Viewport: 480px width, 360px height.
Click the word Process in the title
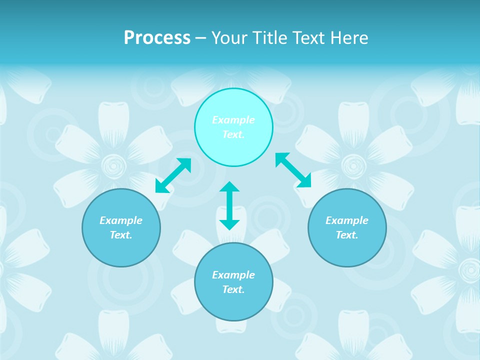(x=157, y=37)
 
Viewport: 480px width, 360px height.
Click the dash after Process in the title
(x=201, y=38)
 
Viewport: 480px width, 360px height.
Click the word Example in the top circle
(x=233, y=120)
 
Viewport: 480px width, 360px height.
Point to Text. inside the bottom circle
(x=233, y=289)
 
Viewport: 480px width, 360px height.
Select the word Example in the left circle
(x=121, y=220)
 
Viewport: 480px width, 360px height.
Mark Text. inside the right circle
(x=347, y=235)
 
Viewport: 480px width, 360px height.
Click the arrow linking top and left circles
(x=173, y=175)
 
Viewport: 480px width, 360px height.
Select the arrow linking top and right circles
(x=293, y=170)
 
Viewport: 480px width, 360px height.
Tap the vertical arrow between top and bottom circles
(x=229, y=205)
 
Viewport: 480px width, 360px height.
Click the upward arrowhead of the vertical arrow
(x=229, y=187)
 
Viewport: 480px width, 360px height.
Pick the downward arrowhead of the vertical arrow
(x=229, y=224)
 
